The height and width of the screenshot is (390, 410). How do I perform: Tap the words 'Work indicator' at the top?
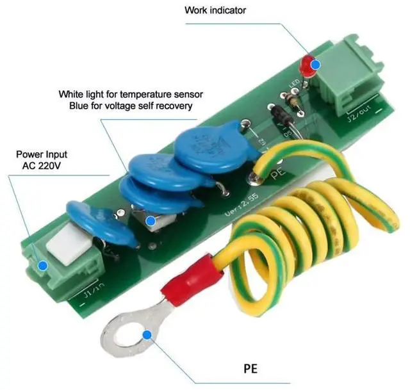[x=215, y=10]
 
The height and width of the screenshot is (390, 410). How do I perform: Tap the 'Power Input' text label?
[x=42, y=154]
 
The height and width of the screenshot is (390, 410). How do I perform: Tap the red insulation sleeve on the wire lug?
[x=186, y=286]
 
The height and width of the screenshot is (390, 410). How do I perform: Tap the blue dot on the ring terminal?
[x=147, y=334]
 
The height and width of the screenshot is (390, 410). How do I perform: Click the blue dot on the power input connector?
[x=42, y=265]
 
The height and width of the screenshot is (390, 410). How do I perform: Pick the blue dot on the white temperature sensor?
[x=151, y=222]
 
